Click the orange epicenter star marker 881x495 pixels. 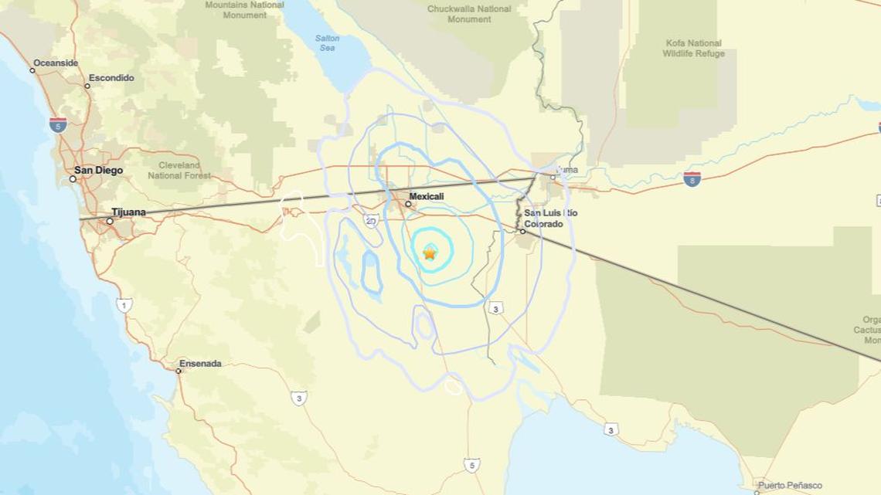point(430,253)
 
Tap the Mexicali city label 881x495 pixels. point(426,196)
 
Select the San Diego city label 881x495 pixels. point(98,170)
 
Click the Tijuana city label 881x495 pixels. point(128,212)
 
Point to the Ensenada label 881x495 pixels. point(200,363)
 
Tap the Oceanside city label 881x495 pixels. point(56,63)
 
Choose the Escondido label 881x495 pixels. point(111,77)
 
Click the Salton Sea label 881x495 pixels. point(327,43)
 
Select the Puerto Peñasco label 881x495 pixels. point(790,485)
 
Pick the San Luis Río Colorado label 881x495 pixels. point(550,218)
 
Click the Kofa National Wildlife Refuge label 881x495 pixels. point(693,49)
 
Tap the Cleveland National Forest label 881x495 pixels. point(179,170)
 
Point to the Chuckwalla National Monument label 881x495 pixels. point(469,14)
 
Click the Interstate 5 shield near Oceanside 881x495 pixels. point(58,125)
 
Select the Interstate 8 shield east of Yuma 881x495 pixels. point(692,179)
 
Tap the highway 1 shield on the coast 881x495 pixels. point(124,306)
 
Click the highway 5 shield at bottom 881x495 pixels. point(471,465)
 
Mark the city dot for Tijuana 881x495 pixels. point(110,221)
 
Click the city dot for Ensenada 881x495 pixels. point(179,371)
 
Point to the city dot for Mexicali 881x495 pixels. point(409,204)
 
